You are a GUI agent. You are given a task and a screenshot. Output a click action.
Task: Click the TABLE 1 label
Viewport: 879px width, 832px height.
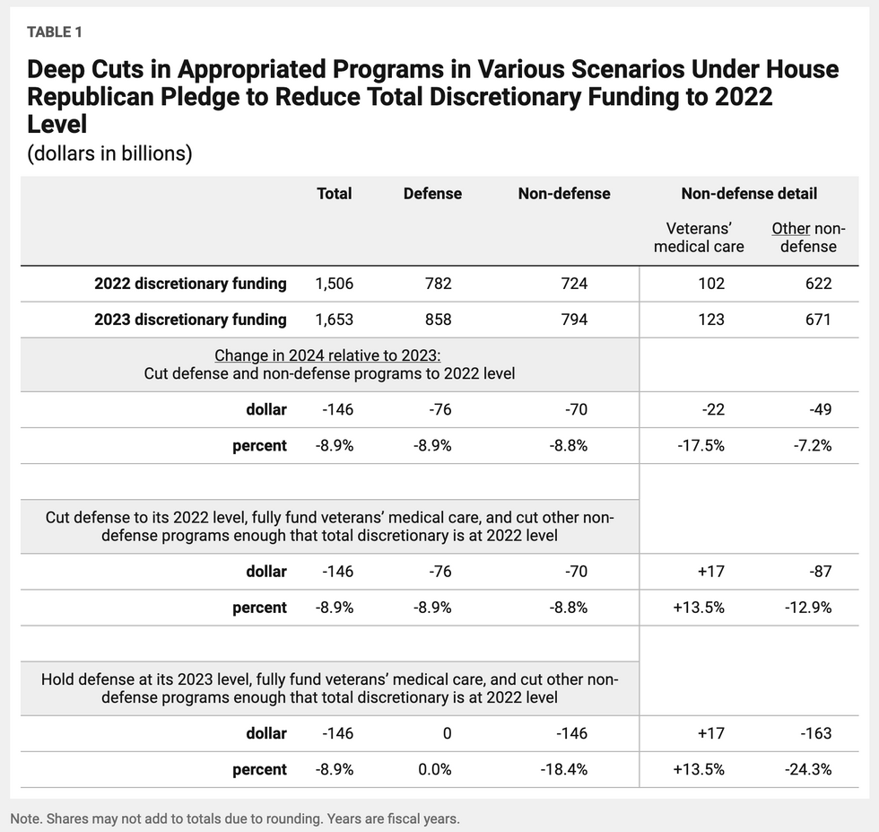pos(55,32)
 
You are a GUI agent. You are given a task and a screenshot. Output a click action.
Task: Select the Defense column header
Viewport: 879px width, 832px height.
pos(432,194)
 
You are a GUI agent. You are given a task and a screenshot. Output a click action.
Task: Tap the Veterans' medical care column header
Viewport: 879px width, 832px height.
pos(699,237)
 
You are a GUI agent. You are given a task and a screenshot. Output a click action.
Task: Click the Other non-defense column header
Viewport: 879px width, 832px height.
pos(808,237)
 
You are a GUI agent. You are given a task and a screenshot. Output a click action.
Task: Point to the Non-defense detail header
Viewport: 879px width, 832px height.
pos(749,194)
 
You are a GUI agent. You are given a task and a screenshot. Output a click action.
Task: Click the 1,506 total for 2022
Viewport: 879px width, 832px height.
pos(334,284)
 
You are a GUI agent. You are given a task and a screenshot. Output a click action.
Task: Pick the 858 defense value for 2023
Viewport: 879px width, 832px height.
pos(438,320)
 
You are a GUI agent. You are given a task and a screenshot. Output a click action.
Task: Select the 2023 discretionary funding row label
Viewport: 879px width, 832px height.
pos(190,320)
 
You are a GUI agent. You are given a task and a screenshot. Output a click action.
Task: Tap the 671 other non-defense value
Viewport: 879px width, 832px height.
pos(818,320)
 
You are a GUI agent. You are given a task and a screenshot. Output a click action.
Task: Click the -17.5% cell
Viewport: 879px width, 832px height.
pos(701,445)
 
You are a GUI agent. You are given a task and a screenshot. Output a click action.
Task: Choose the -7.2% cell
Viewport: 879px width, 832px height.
pos(813,445)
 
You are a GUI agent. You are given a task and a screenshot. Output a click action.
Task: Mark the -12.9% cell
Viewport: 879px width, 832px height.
pos(808,607)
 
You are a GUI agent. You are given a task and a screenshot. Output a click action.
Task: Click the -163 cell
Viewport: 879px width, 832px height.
pos(815,733)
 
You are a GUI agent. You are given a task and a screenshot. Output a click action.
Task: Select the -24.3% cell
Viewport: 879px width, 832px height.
pos(808,769)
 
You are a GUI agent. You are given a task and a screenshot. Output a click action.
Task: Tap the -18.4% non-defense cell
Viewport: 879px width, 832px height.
pos(564,769)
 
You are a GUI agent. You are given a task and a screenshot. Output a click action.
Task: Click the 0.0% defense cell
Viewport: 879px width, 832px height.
pos(434,769)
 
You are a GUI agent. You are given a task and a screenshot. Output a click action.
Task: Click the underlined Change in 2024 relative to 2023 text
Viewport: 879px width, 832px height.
pos(327,355)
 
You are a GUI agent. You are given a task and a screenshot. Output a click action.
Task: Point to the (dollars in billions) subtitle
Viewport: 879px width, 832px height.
pos(109,153)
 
